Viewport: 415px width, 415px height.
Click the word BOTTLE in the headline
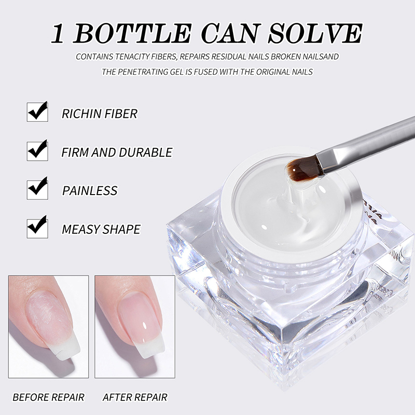coord(132,33)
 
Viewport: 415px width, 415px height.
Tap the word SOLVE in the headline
coord(315,33)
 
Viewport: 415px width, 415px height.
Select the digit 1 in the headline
coord(58,34)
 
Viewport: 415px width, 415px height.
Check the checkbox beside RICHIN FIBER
coord(37,112)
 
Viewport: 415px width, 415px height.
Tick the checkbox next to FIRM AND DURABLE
coord(37,150)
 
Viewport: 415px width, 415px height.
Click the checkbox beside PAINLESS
coord(37,189)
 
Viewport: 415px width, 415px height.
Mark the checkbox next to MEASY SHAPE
coord(37,227)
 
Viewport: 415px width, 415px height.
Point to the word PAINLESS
coord(90,190)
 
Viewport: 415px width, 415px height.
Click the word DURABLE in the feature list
coord(146,152)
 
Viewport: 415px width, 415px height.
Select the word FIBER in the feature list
coord(121,114)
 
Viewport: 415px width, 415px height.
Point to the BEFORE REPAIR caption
coord(48,397)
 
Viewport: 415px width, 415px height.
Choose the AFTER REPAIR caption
coord(135,397)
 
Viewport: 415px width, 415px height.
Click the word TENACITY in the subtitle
coord(132,57)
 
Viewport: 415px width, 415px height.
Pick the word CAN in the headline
coord(230,33)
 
